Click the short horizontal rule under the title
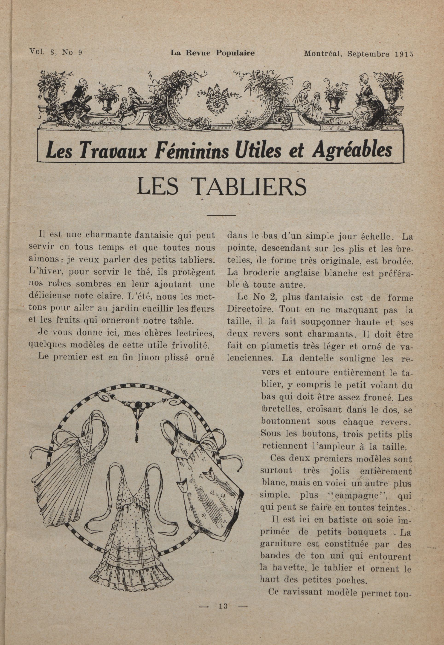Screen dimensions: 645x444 pos(221,215)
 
